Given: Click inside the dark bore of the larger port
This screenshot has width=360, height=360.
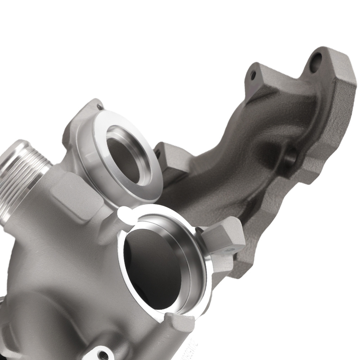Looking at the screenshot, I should [151, 266].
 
